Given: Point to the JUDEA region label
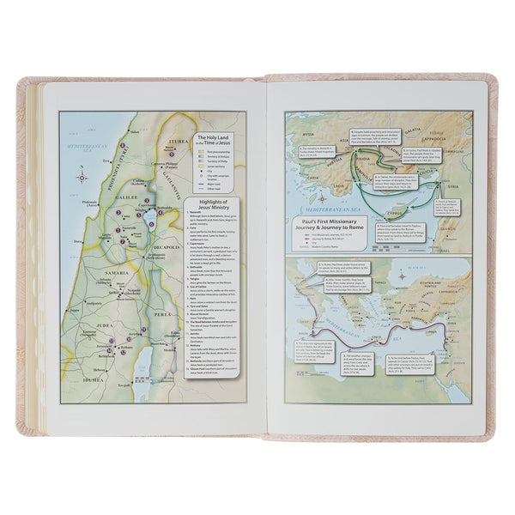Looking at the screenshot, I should (85, 348).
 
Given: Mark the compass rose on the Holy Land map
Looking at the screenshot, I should (82, 177).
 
